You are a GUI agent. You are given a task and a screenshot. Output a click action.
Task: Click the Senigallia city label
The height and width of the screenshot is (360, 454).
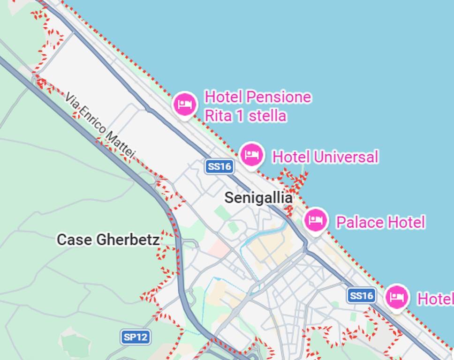258,198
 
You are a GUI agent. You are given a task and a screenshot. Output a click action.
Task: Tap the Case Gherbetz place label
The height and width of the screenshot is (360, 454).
108,240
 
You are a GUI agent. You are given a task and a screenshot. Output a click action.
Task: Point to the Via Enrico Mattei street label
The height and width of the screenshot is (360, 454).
100,125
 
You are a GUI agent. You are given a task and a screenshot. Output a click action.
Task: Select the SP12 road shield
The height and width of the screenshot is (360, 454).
136,337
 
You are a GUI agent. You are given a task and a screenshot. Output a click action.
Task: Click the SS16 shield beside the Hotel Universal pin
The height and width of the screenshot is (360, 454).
219,166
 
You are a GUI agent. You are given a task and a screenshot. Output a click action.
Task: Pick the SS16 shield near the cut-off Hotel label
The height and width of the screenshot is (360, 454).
362,295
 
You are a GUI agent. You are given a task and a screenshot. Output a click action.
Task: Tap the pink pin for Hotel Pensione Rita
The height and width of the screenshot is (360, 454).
185,105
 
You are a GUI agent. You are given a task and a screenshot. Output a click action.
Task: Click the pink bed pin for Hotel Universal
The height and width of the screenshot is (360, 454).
251,155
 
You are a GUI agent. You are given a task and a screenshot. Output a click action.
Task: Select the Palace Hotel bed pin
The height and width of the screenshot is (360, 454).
316,220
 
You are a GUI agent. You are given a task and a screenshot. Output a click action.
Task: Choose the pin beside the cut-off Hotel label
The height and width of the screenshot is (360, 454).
397,297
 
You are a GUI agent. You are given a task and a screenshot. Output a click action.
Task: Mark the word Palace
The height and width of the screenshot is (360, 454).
357,222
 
